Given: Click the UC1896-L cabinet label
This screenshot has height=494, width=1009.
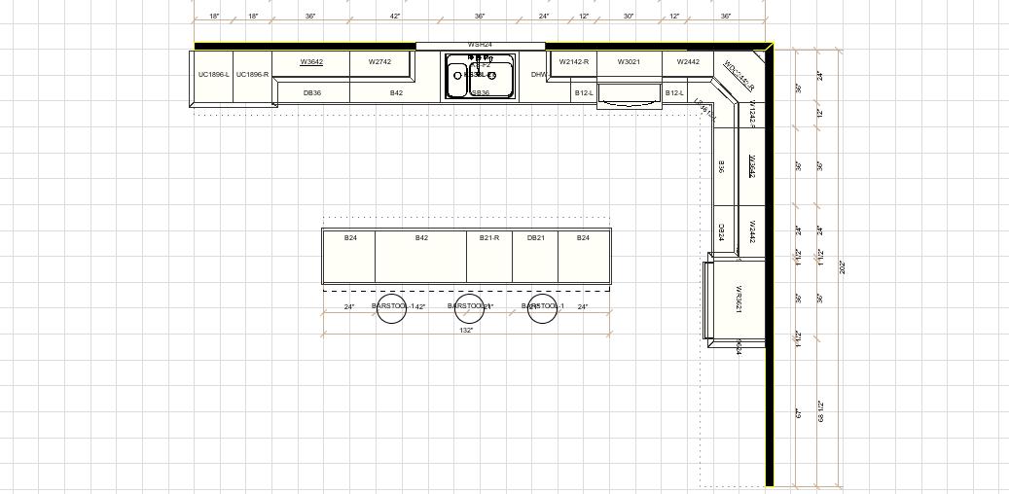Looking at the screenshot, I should [214, 74].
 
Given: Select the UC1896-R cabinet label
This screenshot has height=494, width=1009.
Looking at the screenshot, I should [252, 74].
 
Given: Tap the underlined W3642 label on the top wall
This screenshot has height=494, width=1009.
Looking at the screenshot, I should [311, 62].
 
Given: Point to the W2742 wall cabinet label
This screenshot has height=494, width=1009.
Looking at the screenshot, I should [379, 62].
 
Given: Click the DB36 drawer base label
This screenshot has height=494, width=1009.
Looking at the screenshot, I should [312, 93].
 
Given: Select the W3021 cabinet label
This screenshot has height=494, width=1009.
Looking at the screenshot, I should [629, 62].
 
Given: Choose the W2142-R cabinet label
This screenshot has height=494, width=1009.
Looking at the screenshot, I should [574, 62].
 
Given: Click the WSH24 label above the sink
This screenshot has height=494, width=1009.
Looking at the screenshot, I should [480, 44].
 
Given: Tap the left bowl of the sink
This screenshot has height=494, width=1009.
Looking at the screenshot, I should [458, 76].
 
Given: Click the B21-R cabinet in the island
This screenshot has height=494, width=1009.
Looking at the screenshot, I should [489, 238].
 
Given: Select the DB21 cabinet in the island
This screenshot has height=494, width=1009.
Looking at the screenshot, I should [535, 238].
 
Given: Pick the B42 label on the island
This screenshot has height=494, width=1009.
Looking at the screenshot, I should [421, 238].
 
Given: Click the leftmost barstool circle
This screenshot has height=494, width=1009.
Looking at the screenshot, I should [391, 308].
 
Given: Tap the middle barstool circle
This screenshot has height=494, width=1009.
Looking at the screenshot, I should [469, 308].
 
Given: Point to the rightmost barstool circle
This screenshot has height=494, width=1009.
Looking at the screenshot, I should [542, 308].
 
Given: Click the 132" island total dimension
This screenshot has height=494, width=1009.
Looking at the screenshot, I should [466, 331].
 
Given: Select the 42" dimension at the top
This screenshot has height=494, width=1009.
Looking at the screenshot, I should [395, 17].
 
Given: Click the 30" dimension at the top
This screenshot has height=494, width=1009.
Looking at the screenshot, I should [629, 17].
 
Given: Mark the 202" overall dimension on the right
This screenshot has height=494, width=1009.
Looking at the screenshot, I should [842, 266].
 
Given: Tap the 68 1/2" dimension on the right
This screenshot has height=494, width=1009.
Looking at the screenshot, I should [820, 411].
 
